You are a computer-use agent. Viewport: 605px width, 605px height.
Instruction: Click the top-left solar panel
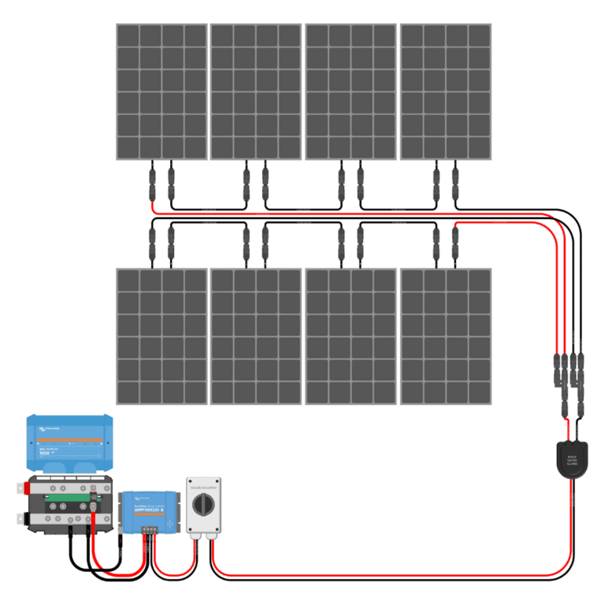click(x=161, y=91)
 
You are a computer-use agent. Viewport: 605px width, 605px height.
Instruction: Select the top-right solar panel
click(x=446, y=91)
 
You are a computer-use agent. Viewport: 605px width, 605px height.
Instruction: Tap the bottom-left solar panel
click(x=161, y=336)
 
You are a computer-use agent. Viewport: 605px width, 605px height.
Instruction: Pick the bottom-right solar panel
click(x=446, y=336)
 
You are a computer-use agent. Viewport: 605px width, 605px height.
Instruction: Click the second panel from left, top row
click(x=256, y=91)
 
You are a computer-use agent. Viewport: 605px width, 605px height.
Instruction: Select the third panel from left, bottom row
click(x=351, y=336)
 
